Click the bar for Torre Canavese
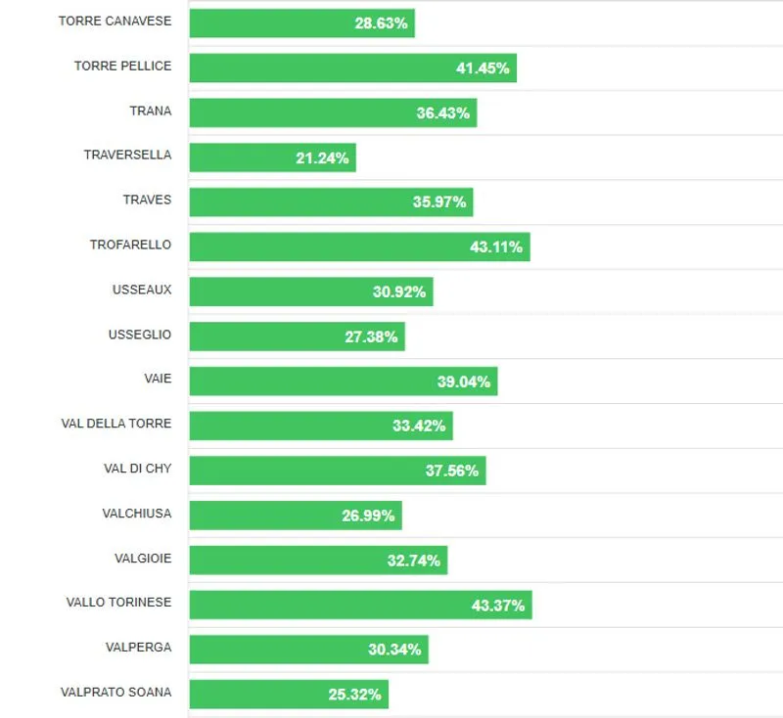(x=301, y=22)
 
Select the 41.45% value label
(x=483, y=68)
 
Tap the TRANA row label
(x=150, y=111)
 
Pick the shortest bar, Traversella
(x=272, y=157)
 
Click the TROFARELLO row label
(x=130, y=245)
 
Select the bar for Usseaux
(x=310, y=292)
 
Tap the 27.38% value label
(x=371, y=337)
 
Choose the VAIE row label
(x=157, y=379)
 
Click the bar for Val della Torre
(x=320, y=426)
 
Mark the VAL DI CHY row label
(x=137, y=469)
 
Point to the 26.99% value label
(x=368, y=516)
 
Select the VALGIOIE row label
(x=143, y=559)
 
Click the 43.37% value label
(x=498, y=606)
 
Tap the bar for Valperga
(x=308, y=650)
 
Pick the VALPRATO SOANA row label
(x=115, y=693)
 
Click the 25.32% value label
(x=354, y=695)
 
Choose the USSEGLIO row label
(x=139, y=335)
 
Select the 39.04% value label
(x=464, y=381)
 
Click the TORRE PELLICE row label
(x=122, y=66)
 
